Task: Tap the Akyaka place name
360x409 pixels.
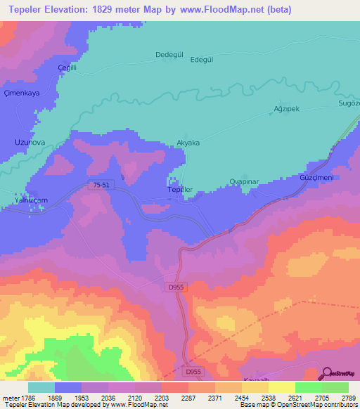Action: (188, 143)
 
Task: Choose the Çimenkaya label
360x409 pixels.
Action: (20, 93)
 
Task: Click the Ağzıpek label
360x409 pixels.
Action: (286, 110)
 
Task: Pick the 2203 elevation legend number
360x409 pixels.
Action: (162, 397)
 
